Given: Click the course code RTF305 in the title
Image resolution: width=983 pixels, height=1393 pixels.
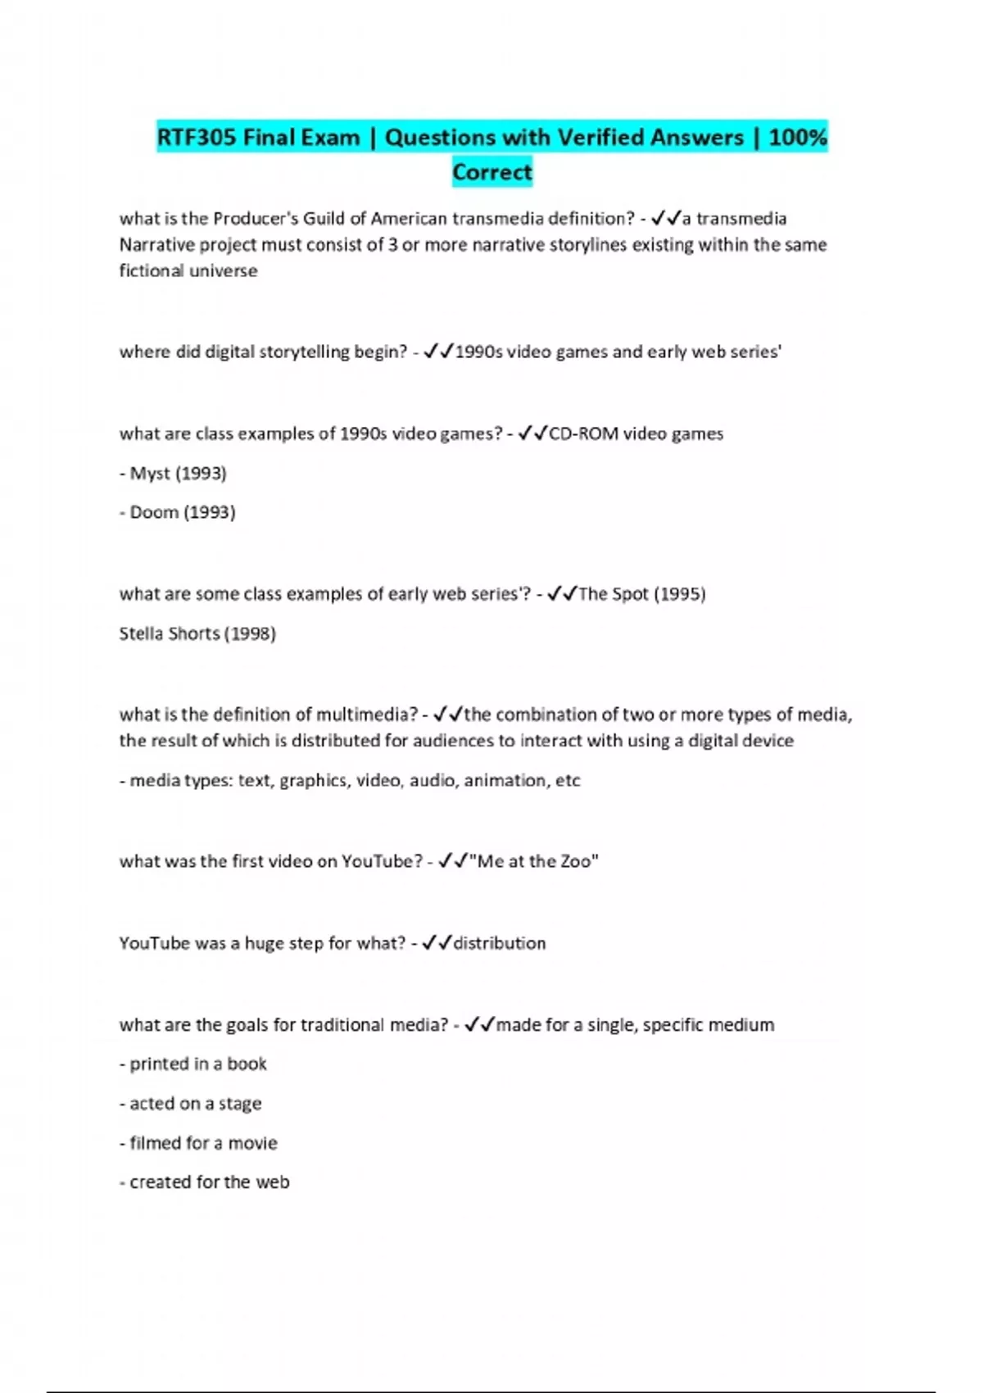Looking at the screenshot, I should click(195, 137).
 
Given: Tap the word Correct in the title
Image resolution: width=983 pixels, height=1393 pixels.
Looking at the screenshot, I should click(492, 172).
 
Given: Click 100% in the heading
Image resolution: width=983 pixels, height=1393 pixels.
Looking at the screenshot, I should click(798, 137).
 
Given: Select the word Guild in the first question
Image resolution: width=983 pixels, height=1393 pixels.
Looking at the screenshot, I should click(333, 219).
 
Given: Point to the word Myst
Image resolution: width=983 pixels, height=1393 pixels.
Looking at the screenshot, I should click(151, 474).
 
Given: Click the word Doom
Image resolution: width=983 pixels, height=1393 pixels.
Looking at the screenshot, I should click(154, 513).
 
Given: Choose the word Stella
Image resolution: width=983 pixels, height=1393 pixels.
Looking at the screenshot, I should click(142, 633).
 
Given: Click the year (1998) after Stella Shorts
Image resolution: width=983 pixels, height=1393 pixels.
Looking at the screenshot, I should click(250, 633).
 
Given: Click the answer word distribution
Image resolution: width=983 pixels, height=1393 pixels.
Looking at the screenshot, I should click(500, 943).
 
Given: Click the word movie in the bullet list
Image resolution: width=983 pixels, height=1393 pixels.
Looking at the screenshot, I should click(252, 1143).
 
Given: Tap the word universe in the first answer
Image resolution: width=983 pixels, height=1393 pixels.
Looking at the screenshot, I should click(224, 271).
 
